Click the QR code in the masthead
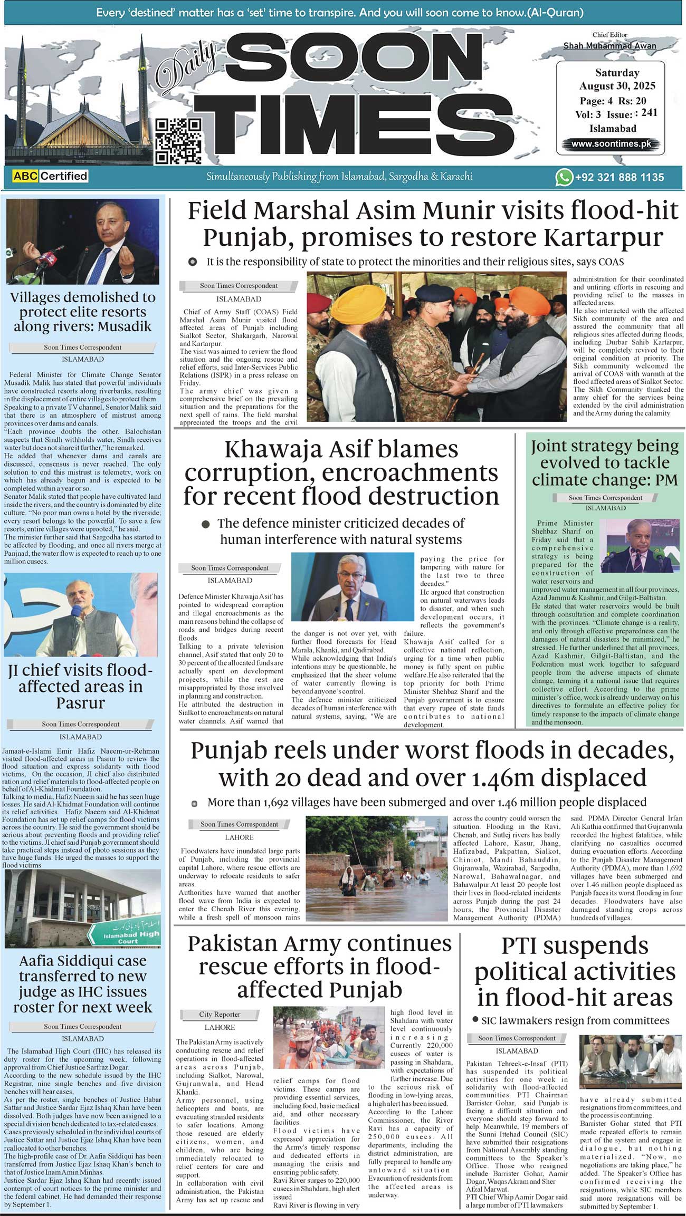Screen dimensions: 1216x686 [179, 141]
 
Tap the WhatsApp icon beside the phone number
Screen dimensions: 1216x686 [564, 177]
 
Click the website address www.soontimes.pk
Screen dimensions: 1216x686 [610, 143]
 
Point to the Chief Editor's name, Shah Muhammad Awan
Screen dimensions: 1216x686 [609, 46]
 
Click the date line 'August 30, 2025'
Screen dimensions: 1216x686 [617, 86]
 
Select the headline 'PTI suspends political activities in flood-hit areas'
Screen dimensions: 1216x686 [575, 971]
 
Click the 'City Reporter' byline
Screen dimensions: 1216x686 [220, 1014]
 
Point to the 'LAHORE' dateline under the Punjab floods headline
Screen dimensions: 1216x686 [239, 837]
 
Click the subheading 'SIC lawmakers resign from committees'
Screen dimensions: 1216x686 [575, 1020]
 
